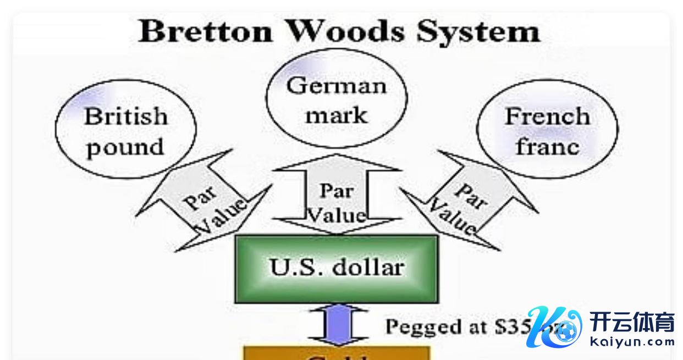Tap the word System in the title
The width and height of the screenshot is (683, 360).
(x=478, y=32)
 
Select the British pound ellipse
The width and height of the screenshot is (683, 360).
(x=126, y=130)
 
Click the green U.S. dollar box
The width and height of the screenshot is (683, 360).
(x=337, y=269)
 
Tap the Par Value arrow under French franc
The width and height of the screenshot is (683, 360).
(x=467, y=201)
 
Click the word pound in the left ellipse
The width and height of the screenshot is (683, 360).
(x=126, y=147)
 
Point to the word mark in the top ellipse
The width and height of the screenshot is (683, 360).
(x=337, y=115)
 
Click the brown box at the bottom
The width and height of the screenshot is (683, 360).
(x=337, y=354)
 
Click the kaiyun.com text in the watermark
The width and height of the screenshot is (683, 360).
(x=632, y=342)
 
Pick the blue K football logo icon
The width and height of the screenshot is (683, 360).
(x=553, y=327)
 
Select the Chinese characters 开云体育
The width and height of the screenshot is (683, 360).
(x=632, y=322)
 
